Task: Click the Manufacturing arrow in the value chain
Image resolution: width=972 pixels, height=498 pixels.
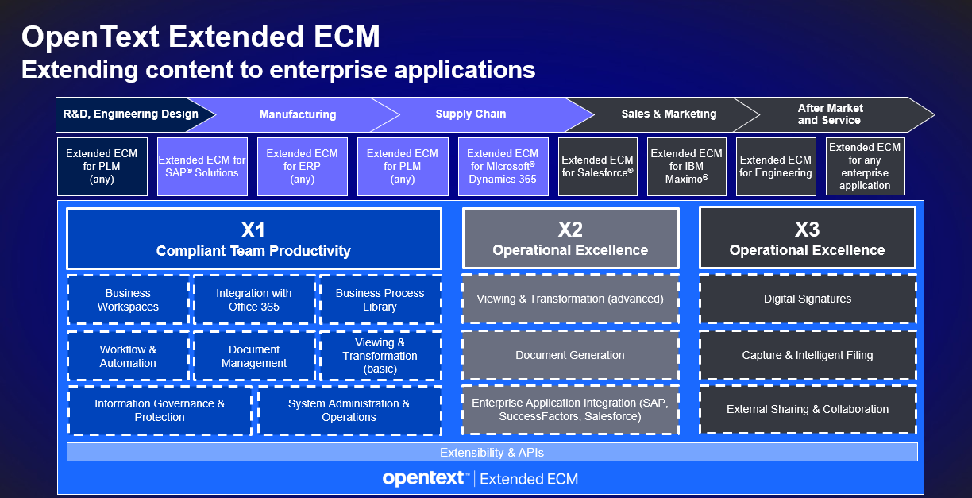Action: [x=298, y=114]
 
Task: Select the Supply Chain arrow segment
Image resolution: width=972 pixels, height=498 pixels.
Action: [x=471, y=114]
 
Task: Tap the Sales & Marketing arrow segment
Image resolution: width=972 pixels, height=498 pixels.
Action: [x=669, y=114]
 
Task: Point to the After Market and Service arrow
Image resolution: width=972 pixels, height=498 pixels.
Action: [x=829, y=114]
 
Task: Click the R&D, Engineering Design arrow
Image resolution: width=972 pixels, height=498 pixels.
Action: [x=131, y=114]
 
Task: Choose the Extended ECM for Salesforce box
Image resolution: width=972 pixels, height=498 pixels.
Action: [x=597, y=167]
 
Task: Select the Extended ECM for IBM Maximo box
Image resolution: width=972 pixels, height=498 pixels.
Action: [x=687, y=167]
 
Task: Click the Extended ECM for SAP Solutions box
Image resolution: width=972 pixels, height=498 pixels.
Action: [x=202, y=167]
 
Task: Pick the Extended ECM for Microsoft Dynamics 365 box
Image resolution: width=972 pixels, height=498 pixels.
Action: [x=503, y=167]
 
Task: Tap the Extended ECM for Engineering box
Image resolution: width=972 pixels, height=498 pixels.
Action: [x=776, y=167]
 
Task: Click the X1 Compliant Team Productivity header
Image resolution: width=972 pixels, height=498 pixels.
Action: [x=253, y=239]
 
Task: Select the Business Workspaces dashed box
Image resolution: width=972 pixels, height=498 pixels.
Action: [x=128, y=300]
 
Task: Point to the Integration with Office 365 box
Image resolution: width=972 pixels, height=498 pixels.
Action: [x=253, y=300]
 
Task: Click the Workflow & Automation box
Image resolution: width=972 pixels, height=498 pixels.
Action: [x=128, y=357]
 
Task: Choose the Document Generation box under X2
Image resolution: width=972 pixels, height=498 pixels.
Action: [x=570, y=356]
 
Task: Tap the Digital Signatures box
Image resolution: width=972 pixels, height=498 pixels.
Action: [x=808, y=299]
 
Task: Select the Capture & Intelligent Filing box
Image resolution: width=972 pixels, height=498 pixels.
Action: [x=808, y=356]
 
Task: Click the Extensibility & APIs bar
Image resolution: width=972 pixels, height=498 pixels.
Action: [x=492, y=453]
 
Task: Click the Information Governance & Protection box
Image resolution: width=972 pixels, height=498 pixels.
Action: [x=160, y=411]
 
